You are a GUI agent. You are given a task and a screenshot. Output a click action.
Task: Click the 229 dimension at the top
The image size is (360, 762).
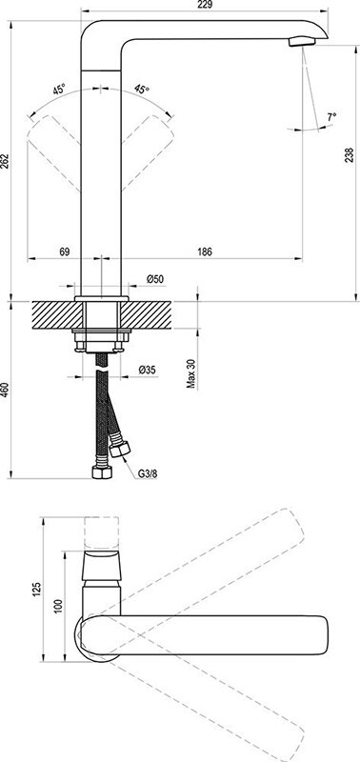(205, 5)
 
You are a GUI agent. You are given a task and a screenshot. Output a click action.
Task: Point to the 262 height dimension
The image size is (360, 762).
(5, 162)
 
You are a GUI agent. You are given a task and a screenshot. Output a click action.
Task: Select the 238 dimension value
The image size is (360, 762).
(350, 154)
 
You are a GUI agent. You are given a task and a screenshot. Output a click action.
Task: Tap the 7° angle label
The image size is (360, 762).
(331, 117)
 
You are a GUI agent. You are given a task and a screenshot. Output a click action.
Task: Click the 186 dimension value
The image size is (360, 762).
(205, 251)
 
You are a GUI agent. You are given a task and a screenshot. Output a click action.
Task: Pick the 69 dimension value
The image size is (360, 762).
(65, 251)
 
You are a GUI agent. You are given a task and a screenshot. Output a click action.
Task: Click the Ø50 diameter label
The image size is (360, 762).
(155, 279)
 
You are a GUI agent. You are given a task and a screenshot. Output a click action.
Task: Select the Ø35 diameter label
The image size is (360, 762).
(148, 370)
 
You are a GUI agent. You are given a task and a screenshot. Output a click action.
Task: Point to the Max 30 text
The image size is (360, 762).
(191, 373)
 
